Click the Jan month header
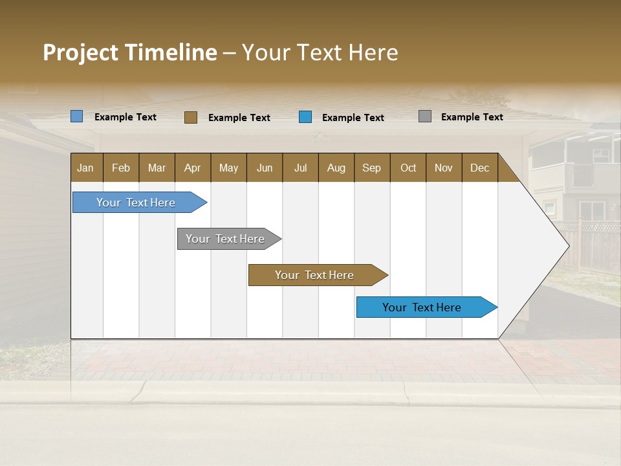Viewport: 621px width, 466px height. [x=86, y=168]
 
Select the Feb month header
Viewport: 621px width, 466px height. [x=121, y=168]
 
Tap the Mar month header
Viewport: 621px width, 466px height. [x=157, y=168]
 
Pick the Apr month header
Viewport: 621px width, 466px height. [x=193, y=168]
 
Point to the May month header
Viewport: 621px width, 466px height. [x=228, y=168]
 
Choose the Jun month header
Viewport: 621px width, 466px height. [x=265, y=168]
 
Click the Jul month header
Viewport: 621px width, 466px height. [x=300, y=168]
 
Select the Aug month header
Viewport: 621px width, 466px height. [x=336, y=168]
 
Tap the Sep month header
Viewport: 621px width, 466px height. [x=372, y=168]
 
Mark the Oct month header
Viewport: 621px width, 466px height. [x=408, y=168]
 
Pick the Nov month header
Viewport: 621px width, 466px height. [x=444, y=168]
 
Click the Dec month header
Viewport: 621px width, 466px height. [x=479, y=168]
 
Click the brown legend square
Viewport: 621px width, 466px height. [x=191, y=117]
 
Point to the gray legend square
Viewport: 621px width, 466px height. [x=425, y=116]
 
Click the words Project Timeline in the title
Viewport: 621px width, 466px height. [x=130, y=52]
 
